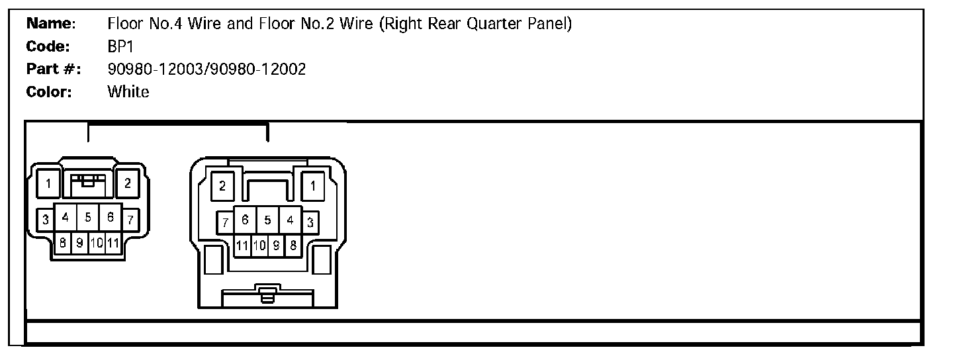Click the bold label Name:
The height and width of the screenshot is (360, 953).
(x=52, y=24)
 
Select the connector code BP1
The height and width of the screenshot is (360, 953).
(x=121, y=47)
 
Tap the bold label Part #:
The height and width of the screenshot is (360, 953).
(x=54, y=69)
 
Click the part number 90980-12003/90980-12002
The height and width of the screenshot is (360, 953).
(x=206, y=69)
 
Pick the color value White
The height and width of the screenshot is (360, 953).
(x=128, y=91)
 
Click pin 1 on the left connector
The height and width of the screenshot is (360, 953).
(x=49, y=184)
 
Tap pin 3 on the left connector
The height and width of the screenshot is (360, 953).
(x=45, y=219)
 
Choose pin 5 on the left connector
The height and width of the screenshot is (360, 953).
(x=88, y=216)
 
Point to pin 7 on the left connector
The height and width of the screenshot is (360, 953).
(x=130, y=219)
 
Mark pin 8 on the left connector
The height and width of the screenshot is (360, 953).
(x=62, y=243)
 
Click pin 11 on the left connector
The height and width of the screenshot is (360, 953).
(x=113, y=243)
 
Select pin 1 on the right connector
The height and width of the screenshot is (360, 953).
(x=312, y=186)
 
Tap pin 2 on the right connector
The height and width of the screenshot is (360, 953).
(x=222, y=186)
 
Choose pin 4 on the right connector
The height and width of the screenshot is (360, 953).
(x=290, y=219)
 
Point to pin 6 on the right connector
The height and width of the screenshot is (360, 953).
(x=245, y=219)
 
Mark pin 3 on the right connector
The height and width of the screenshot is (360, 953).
(x=310, y=222)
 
